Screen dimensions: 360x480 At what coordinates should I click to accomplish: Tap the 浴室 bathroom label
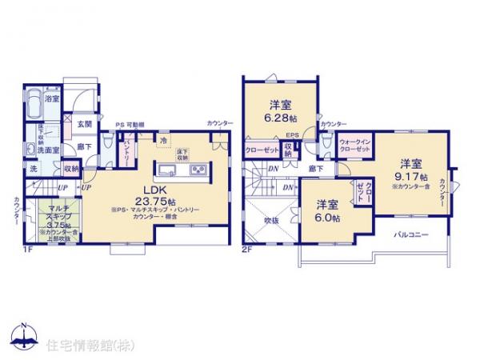[52, 98]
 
